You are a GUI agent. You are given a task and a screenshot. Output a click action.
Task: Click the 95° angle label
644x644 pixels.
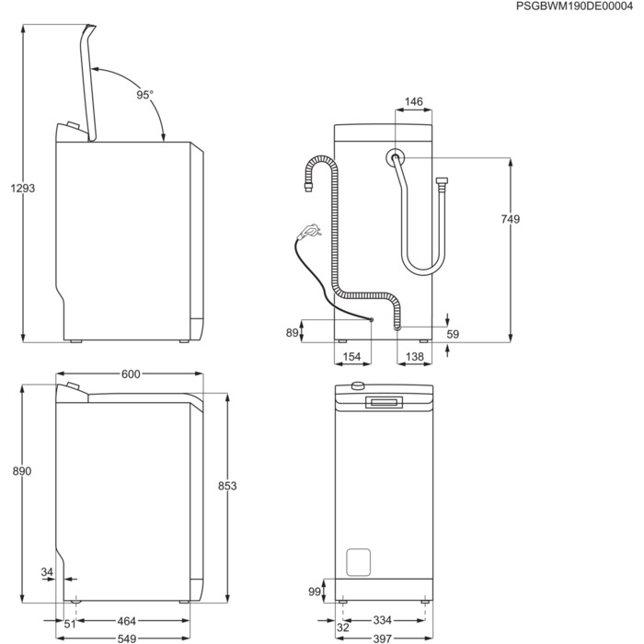(145, 95)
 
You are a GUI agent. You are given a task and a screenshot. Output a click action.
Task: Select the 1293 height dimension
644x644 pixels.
(22, 188)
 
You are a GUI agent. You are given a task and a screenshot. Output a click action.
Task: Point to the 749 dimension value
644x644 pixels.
(512, 219)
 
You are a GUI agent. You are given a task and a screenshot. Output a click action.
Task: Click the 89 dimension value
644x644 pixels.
(293, 333)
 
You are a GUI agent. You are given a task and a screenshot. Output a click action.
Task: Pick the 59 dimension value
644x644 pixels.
(453, 334)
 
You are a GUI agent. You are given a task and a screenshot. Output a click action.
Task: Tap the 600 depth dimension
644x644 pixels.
(131, 374)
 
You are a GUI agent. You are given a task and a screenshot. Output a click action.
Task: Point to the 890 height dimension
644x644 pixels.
(22, 471)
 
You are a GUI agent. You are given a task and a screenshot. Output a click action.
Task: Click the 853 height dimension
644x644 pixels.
(227, 486)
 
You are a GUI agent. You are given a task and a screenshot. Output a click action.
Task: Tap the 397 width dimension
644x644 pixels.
(382, 637)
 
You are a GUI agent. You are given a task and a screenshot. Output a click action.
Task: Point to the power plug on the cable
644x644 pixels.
(310, 230)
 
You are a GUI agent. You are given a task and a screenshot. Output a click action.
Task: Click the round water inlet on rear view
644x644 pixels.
(396, 158)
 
